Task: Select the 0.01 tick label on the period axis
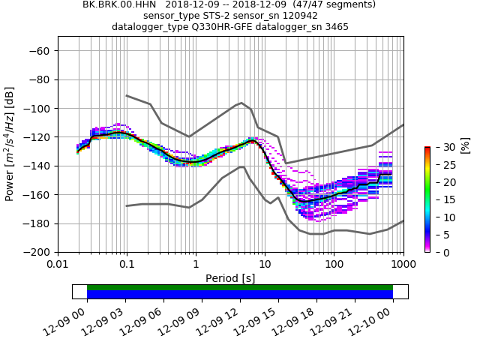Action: point(58,265)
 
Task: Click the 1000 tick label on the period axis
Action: point(403,265)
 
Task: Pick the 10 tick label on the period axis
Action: point(265,265)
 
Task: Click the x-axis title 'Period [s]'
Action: point(230,278)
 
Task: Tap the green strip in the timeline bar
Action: point(240,287)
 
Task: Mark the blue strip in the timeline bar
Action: point(240,295)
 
